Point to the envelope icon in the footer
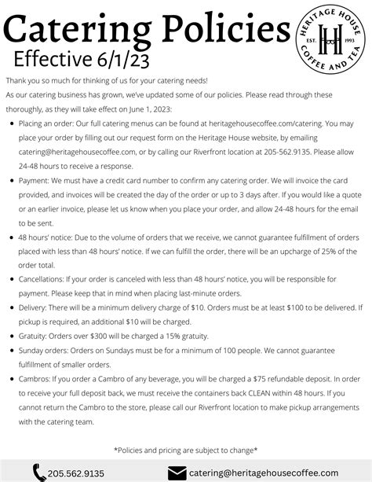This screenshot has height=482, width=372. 178,473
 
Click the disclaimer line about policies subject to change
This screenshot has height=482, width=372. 186,449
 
